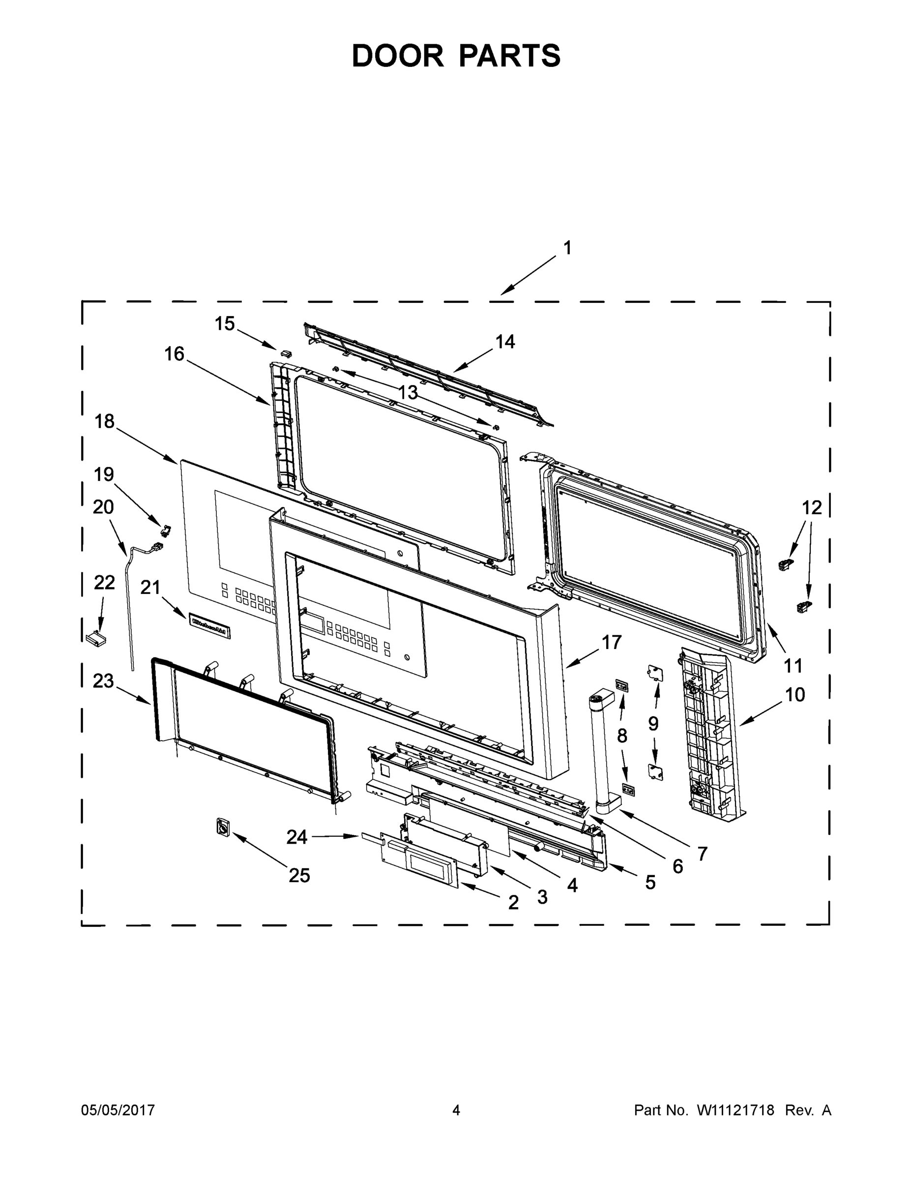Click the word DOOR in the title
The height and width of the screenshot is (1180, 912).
pyautogui.click(x=397, y=56)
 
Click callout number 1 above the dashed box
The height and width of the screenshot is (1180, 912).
pyautogui.click(x=567, y=248)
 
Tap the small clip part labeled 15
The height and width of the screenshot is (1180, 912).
pyautogui.click(x=286, y=353)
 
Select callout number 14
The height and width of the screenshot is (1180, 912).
pyautogui.click(x=505, y=342)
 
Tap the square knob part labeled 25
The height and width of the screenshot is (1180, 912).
pyautogui.click(x=222, y=827)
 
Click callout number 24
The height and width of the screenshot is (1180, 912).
pyautogui.click(x=296, y=837)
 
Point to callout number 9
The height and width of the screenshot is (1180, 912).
pyautogui.click(x=653, y=723)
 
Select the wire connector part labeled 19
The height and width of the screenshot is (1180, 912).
pyautogui.click(x=166, y=530)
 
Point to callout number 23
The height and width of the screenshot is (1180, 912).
pyautogui.click(x=103, y=681)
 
